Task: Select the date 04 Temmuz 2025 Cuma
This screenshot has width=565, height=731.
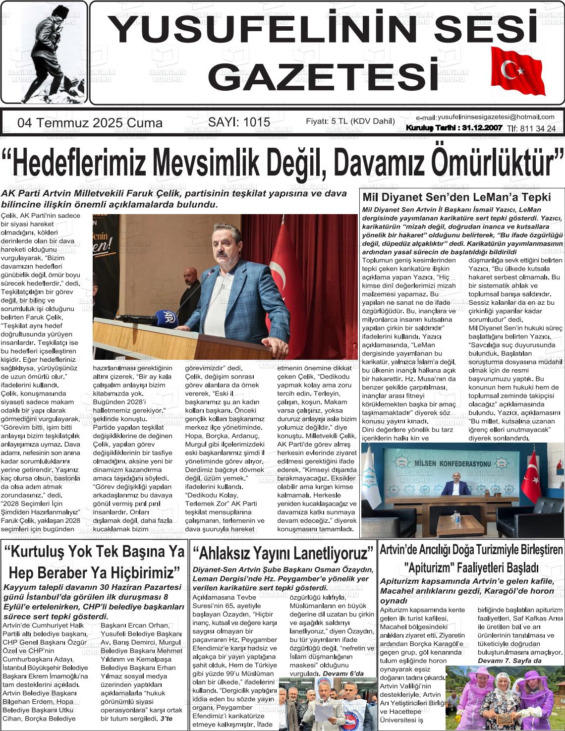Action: coord(90,123)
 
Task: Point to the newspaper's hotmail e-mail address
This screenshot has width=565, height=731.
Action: coord(496,117)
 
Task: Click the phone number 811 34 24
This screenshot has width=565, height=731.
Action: coord(537,129)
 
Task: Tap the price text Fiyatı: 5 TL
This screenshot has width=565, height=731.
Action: coord(328,121)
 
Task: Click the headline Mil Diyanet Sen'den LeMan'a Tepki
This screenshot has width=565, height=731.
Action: coord(456,197)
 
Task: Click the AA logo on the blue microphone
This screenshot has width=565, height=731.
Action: coord(169,317)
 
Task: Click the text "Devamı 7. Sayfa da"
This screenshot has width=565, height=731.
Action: coord(509,661)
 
